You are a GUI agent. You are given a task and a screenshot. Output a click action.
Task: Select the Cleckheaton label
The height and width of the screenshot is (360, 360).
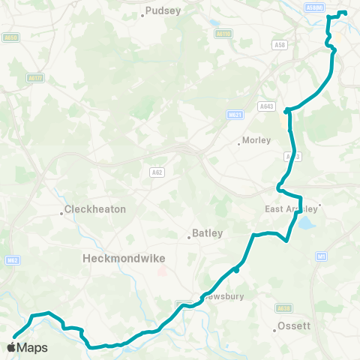point(95,209)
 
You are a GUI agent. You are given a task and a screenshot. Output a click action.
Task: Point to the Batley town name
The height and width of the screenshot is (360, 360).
point(208,233)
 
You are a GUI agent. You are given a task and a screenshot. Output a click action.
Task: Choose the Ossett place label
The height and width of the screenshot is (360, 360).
point(293,326)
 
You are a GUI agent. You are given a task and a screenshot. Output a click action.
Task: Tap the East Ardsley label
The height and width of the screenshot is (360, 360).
point(292,209)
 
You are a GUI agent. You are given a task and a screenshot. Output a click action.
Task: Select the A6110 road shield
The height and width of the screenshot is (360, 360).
point(223,34)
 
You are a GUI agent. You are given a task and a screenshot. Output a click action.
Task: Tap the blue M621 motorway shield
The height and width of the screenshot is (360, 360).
point(235,115)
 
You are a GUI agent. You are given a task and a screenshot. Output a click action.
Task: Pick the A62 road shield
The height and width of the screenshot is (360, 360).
point(154,172)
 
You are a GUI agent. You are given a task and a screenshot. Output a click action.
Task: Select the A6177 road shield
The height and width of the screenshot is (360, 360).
point(35,76)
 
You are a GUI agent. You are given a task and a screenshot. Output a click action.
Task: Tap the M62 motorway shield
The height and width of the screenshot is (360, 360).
point(10,260)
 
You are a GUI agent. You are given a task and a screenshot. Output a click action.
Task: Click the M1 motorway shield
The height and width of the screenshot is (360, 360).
point(322,256)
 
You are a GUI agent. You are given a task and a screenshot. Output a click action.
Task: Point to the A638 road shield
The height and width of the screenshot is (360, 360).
point(283,307)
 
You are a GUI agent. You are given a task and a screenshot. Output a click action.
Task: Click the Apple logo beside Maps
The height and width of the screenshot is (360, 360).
point(10,347)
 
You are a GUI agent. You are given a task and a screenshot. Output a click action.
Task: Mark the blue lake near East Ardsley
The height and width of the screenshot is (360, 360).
point(305,223)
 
